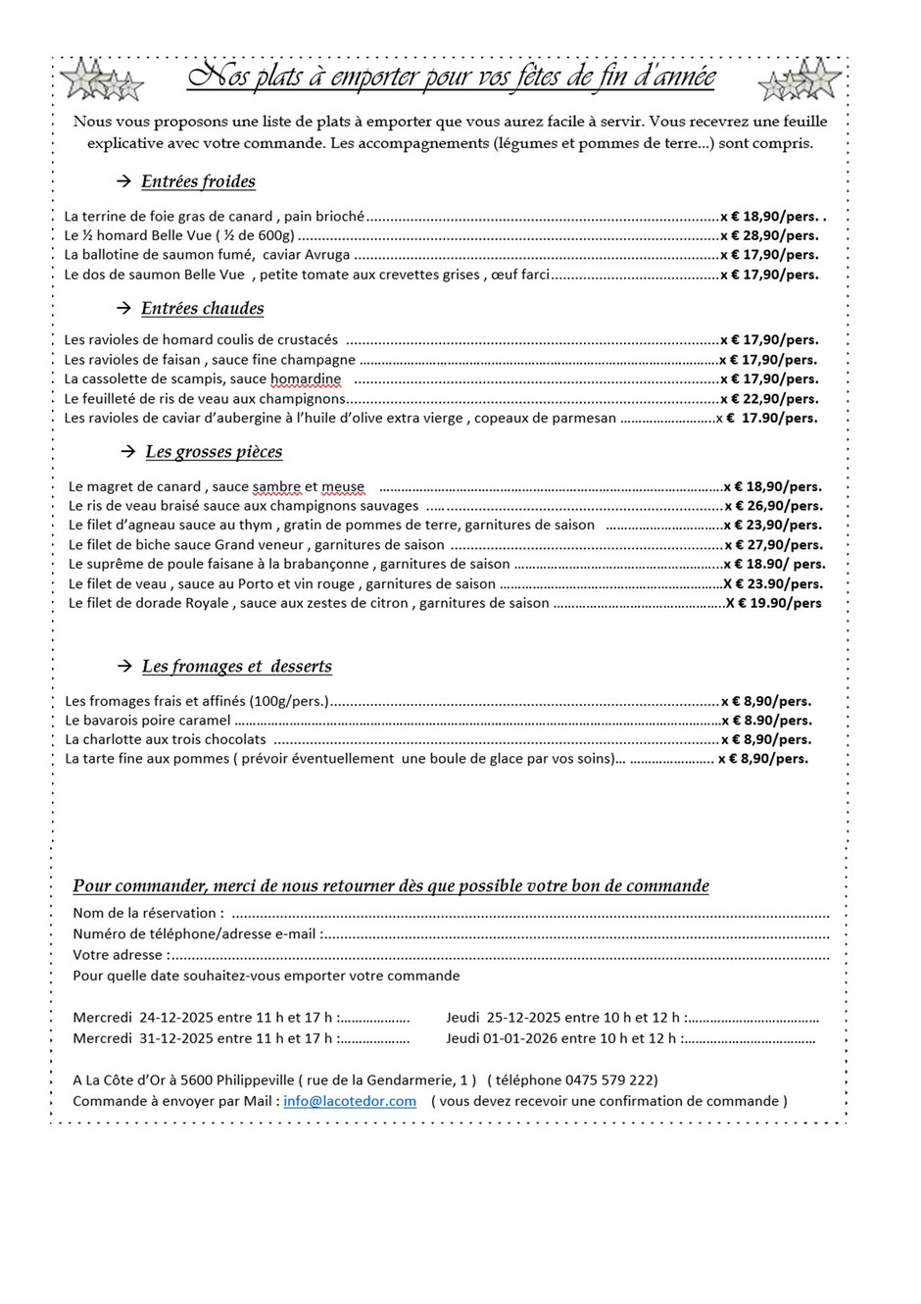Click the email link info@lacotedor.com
coord(350,1101)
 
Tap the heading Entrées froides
coord(198,181)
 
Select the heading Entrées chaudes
coord(202,309)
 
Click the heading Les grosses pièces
coord(214,452)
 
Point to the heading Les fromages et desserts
coord(236,667)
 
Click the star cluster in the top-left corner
coord(101,81)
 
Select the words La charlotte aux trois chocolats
coord(166,739)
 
